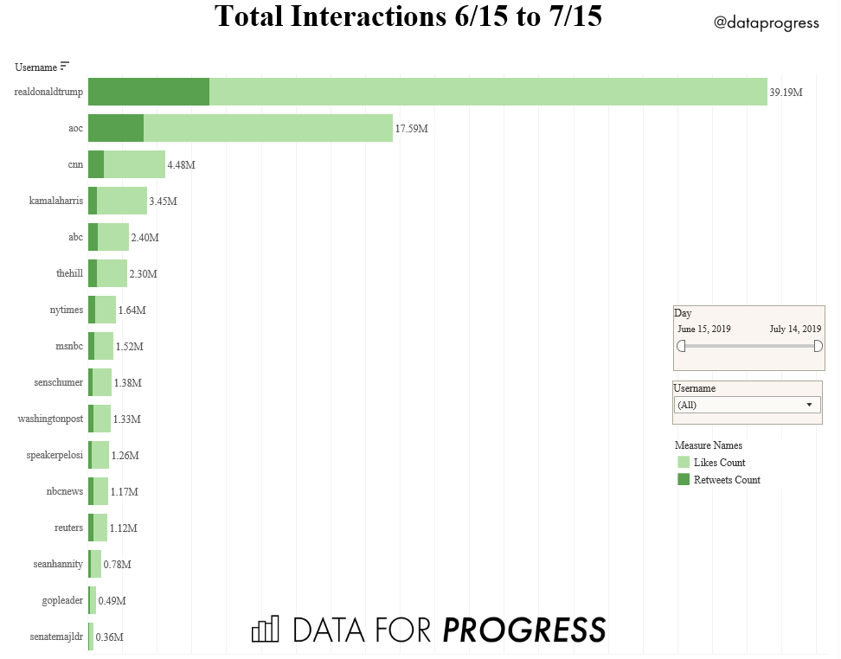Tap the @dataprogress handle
(766, 23)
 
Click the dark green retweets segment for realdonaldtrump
(148, 92)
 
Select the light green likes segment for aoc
(268, 128)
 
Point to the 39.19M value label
(786, 93)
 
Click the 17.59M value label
(411, 129)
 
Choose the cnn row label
(75, 164)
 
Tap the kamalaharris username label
(56, 201)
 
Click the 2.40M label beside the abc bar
(144, 238)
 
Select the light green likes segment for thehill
(112, 273)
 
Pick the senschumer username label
(58, 382)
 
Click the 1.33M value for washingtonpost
(126, 419)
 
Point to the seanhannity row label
(58, 564)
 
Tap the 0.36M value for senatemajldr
(109, 637)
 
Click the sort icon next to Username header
(64, 67)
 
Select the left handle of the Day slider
(681, 346)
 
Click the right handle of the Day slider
(818, 346)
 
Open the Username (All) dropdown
(747, 405)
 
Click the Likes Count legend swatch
(684, 463)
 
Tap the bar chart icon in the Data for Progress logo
(266, 629)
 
